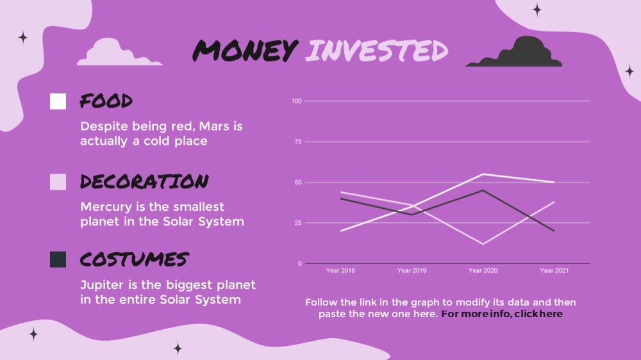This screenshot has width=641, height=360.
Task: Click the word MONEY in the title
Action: point(246,51)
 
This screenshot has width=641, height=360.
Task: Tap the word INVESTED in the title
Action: point(376,51)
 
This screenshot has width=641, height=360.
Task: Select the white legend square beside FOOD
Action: point(58,101)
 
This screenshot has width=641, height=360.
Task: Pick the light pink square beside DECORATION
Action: point(58,182)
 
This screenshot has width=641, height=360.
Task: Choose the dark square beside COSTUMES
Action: point(58,259)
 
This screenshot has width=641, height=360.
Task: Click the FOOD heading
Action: point(106,101)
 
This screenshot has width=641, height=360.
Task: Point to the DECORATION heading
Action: point(144,181)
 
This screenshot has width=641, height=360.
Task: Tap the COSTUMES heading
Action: point(135,259)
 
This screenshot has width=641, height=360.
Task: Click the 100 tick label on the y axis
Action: point(296,101)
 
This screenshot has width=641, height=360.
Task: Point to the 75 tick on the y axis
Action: point(298,142)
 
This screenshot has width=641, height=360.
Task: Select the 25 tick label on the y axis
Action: point(298,223)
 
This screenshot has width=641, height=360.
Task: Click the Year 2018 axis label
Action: point(340,270)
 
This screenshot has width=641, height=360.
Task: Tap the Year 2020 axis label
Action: point(483,270)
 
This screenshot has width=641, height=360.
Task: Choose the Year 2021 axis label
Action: point(554,270)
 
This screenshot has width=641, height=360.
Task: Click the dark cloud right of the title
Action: point(514,53)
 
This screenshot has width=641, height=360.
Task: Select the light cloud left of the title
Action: point(119,53)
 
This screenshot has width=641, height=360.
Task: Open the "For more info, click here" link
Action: point(502,314)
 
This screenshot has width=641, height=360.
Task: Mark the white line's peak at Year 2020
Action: point(483,174)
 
